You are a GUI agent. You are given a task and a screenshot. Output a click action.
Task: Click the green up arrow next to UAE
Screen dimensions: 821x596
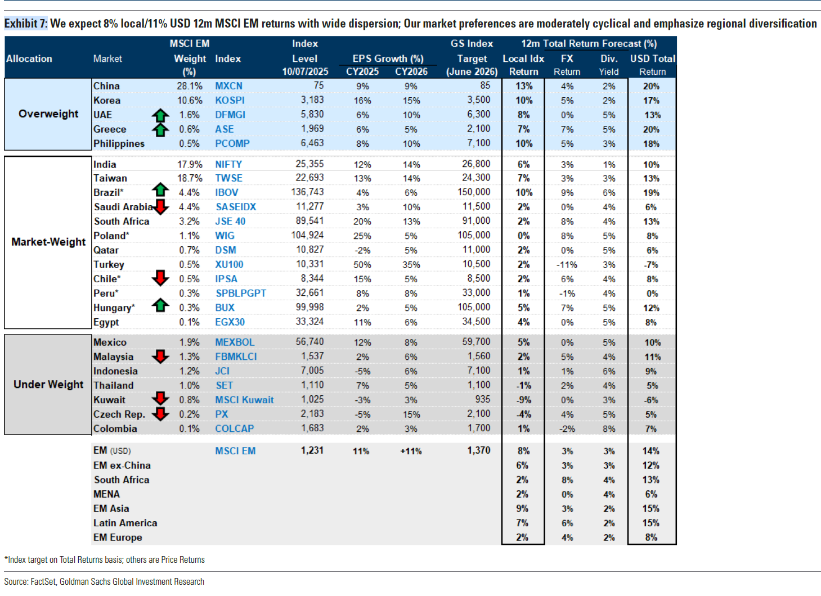pyautogui.click(x=160, y=115)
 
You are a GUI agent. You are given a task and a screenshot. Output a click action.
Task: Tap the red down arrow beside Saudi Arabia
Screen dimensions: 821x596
pyautogui.click(x=160, y=207)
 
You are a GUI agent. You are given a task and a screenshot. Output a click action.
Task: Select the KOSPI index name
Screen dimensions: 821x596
pyautogui.click(x=230, y=101)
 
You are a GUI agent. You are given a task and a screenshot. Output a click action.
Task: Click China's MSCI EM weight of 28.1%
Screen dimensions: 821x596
pyautogui.click(x=190, y=86)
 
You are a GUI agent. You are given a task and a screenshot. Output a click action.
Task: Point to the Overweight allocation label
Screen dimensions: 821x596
pyautogui.click(x=48, y=114)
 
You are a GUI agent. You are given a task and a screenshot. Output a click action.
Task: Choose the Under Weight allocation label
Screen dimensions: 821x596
pyautogui.click(x=48, y=384)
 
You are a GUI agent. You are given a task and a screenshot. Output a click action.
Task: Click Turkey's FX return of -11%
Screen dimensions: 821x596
pyautogui.click(x=567, y=265)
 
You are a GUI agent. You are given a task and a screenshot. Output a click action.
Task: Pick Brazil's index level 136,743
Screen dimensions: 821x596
pyautogui.click(x=307, y=192)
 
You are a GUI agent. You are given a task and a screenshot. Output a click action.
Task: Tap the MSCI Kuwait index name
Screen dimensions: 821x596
pyautogui.click(x=244, y=400)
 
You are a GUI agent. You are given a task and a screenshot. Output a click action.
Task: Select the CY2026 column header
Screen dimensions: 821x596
pyautogui.click(x=411, y=72)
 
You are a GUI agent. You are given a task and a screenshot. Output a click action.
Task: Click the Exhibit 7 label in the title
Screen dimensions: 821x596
pyautogui.click(x=26, y=24)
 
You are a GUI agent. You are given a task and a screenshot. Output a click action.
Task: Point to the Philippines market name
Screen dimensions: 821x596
pyautogui.click(x=119, y=144)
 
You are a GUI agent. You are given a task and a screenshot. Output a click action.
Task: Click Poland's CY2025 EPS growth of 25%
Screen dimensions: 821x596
pyautogui.click(x=362, y=236)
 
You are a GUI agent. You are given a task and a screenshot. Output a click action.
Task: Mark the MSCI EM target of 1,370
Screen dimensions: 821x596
pyautogui.click(x=478, y=450)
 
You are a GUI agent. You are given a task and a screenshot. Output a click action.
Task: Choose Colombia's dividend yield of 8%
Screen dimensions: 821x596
pyautogui.click(x=609, y=429)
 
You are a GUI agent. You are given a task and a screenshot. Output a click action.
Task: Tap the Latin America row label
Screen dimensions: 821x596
pyautogui.click(x=125, y=523)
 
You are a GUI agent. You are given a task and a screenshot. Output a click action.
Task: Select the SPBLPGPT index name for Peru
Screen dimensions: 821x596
pyautogui.click(x=241, y=294)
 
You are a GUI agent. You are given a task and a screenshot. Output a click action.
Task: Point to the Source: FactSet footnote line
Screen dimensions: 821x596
pyautogui.click(x=104, y=582)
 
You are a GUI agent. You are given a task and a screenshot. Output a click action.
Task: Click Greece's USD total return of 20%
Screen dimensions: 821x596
pyautogui.click(x=651, y=130)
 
